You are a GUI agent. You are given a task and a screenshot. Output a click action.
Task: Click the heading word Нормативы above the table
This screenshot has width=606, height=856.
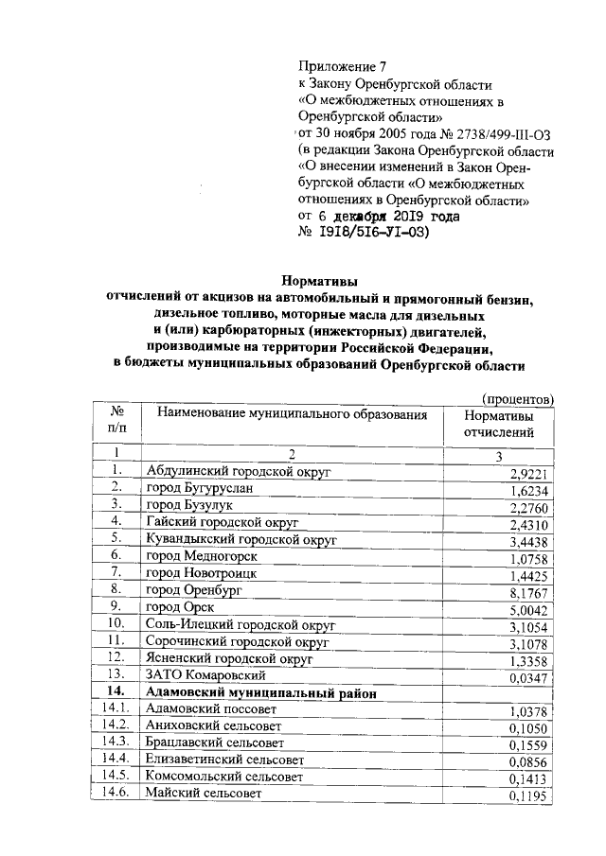click(x=320, y=280)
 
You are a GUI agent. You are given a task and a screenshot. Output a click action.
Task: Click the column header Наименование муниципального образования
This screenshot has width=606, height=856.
click(x=293, y=414)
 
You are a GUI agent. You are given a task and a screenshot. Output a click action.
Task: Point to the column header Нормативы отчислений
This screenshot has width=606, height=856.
click(x=497, y=424)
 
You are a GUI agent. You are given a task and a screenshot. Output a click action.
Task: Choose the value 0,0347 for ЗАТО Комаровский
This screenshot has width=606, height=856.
click(x=529, y=675)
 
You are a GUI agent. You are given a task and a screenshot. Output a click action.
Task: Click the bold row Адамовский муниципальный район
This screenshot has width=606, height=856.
click(x=260, y=693)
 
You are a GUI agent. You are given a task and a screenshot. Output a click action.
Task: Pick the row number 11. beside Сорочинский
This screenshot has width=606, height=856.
click(x=117, y=641)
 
